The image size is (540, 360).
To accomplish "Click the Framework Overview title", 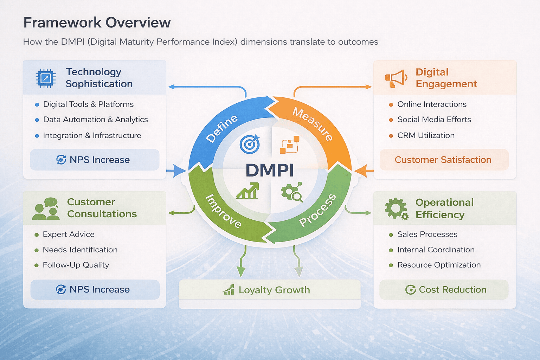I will (x=97, y=23).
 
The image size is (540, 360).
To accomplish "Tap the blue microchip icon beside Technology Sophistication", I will (x=46, y=78).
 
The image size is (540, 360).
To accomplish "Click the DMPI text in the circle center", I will (x=270, y=171).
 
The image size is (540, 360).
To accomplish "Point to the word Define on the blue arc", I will (x=221, y=129).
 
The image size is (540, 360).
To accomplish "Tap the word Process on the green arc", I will (x=317, y=210).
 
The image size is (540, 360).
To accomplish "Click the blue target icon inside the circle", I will (x=250, y=144).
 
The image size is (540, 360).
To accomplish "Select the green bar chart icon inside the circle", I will (x=248, y=191).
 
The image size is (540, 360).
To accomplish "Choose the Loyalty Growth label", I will (x=269, y=290).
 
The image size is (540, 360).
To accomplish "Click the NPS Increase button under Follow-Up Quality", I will (x=95, y=290).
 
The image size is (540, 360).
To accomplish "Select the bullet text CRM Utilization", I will (x=426, y=135).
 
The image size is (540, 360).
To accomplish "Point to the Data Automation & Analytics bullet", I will (x=95, y=120).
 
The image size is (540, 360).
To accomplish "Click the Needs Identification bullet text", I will (x=80, y=250).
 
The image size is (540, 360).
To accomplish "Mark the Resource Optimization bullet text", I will (x=439, y=265).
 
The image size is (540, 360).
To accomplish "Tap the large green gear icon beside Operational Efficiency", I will (x=396, y=208).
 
